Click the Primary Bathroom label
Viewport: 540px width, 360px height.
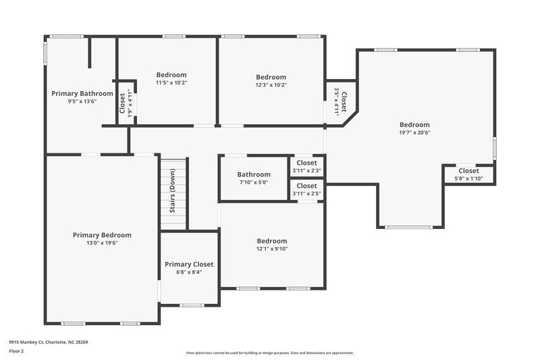point(82,93)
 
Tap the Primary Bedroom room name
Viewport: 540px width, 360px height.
point(102,235)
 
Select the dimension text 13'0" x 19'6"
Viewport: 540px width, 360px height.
point(102,243)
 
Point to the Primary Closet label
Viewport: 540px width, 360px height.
point(189,264)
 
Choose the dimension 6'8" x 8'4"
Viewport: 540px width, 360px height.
point(189,272)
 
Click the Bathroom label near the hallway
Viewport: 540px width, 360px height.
point(254,174)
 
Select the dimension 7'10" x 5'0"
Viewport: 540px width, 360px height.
point(254,182)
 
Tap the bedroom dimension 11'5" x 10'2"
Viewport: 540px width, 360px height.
point(171,83)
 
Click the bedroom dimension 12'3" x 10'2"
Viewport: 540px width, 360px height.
point(271,85)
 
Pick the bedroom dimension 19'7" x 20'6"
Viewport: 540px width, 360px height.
point(414,132)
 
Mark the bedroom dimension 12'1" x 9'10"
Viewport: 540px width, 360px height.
point(271,249)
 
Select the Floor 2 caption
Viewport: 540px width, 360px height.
point(18,352)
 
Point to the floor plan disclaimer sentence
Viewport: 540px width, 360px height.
point(269,353)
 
